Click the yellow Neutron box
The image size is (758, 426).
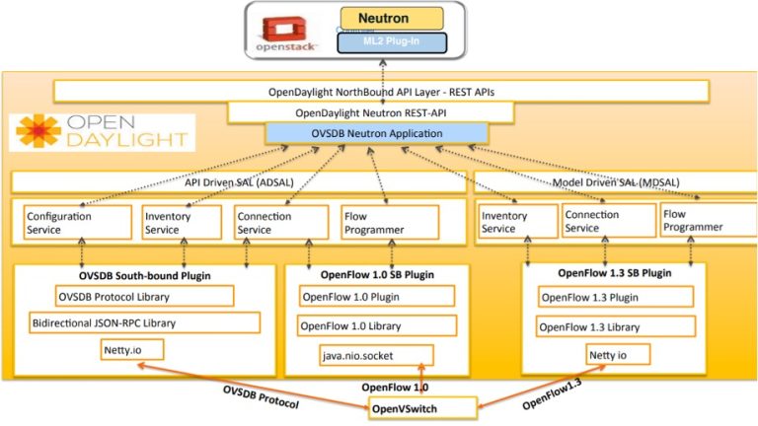(x=390, y=18)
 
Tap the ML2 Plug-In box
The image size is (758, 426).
(x=391, y=42)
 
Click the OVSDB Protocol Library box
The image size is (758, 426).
(x=144, y=296)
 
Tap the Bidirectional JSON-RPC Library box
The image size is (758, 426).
(x=144, y=322)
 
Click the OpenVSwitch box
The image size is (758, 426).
(x=418, y=406)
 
